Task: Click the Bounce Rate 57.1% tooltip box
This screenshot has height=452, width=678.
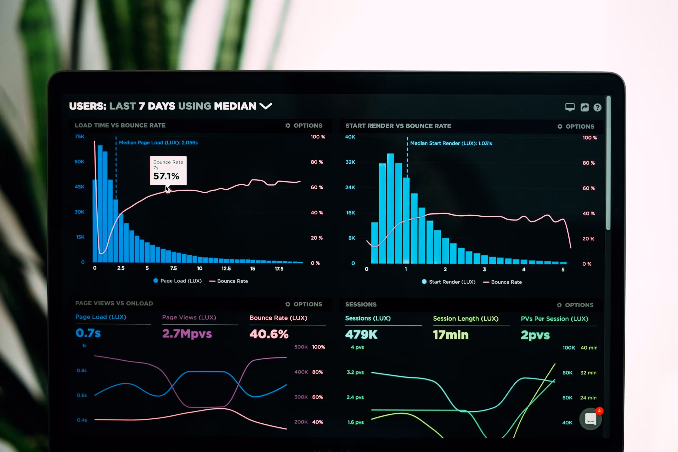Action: click(x=168, y=170)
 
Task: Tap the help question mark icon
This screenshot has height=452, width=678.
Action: click(x=597, y=108)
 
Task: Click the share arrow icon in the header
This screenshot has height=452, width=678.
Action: click(x=584, y=108)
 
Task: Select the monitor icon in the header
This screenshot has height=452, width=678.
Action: click(x=570, y=107)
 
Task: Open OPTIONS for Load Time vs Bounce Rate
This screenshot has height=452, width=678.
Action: click(x=304, y=126)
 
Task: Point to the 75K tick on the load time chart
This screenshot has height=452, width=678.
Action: click(x=79, y=136)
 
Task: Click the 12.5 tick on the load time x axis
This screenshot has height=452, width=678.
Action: click(x=226, y=268)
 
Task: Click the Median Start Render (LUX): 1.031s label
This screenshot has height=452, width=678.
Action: click(x=451, y=143)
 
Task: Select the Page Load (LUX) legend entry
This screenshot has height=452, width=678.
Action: click(x=177, y=281)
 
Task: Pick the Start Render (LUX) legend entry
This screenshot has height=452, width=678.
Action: click(x=449, y=282)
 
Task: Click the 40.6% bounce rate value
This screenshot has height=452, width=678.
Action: click(x=269, y=334)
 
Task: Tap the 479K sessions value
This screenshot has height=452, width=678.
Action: click(x=361, y=334)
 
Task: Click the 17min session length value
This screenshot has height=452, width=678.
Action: click(x=450, y=335)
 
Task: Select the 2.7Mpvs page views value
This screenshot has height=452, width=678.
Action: click(x=187, y=334)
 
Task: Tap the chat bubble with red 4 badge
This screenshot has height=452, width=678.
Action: click(x=590, y=419)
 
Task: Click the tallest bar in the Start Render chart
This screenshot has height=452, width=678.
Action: click(x=390, y=208)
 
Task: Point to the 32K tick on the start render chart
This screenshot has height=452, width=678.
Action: click(x=350, y=162)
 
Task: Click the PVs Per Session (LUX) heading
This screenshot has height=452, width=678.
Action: click(x=554, y=319)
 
